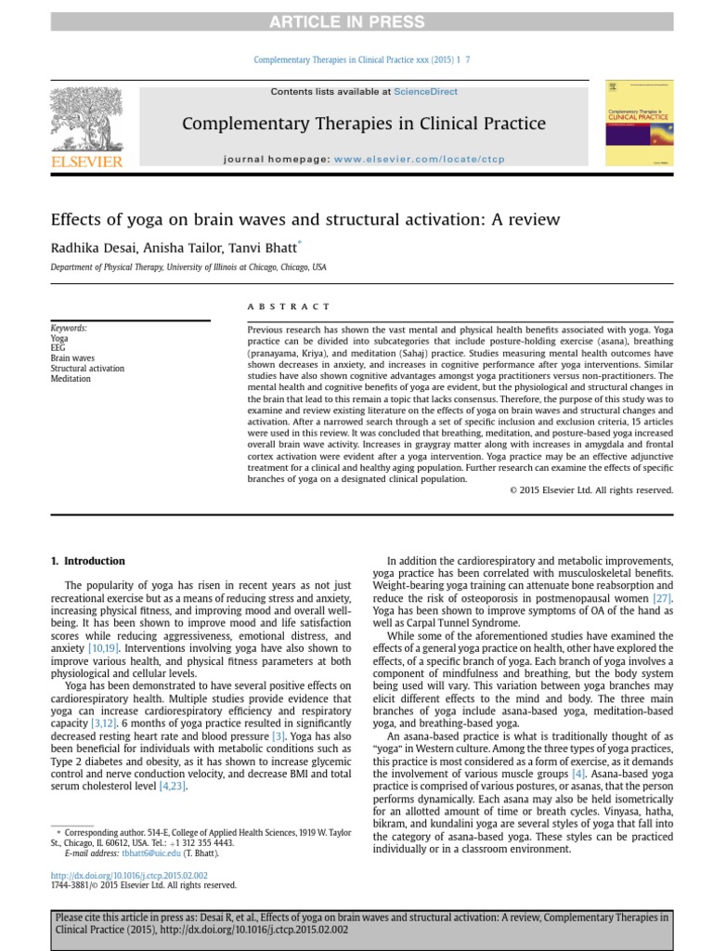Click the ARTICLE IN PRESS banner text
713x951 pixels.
click(x=356, y=22)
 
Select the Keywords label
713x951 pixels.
click(x=70, y=328)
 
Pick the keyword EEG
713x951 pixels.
click(x=58, y=348)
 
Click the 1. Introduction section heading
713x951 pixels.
click(x=86, y=561)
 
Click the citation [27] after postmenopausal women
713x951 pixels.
click(x=661, y=599)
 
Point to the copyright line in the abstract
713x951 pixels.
click(x=590, y=489)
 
